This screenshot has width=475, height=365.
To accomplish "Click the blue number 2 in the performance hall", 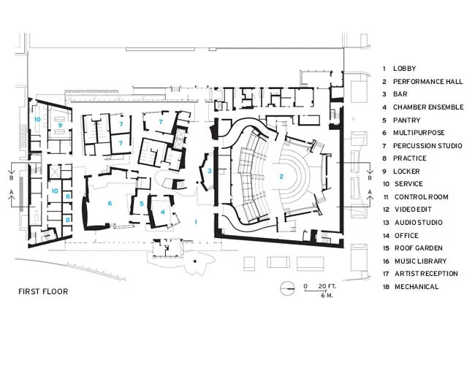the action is click(281, 177).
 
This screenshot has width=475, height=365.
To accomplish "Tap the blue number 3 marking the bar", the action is click(209, 171).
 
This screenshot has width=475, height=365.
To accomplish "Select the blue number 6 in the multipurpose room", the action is click(110, 204).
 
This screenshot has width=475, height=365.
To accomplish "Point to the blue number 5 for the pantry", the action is click(142, 204).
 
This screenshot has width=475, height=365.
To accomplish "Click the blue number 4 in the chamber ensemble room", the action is click(163, 212).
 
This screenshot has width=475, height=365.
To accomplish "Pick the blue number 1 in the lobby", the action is click(196, 222).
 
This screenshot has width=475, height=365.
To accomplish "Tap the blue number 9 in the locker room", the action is click(60, 125).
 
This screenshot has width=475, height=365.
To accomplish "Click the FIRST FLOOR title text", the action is click(43, 291).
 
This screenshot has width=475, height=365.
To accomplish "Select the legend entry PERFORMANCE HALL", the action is click(427, 82).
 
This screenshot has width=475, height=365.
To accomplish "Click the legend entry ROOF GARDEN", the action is click(418, 248).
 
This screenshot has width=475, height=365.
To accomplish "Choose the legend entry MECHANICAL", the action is click(417, 287).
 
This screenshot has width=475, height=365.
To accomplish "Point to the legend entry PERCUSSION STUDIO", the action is click(427, 146).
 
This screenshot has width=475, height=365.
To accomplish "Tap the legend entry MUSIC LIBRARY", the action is click(420, 261).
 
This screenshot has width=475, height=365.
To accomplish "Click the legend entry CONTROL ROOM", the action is click(421, 197).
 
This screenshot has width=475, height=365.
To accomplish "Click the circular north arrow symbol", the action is click(287, 288).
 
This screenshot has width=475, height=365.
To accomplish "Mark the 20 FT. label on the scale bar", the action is click(327, 286).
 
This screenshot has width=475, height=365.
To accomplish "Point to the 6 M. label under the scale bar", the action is click(327, 296).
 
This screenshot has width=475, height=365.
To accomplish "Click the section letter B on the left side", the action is click(12, 178).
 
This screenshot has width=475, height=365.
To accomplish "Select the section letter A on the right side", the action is click(370, 192).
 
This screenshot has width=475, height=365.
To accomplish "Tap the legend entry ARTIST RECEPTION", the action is click(426, 274).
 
